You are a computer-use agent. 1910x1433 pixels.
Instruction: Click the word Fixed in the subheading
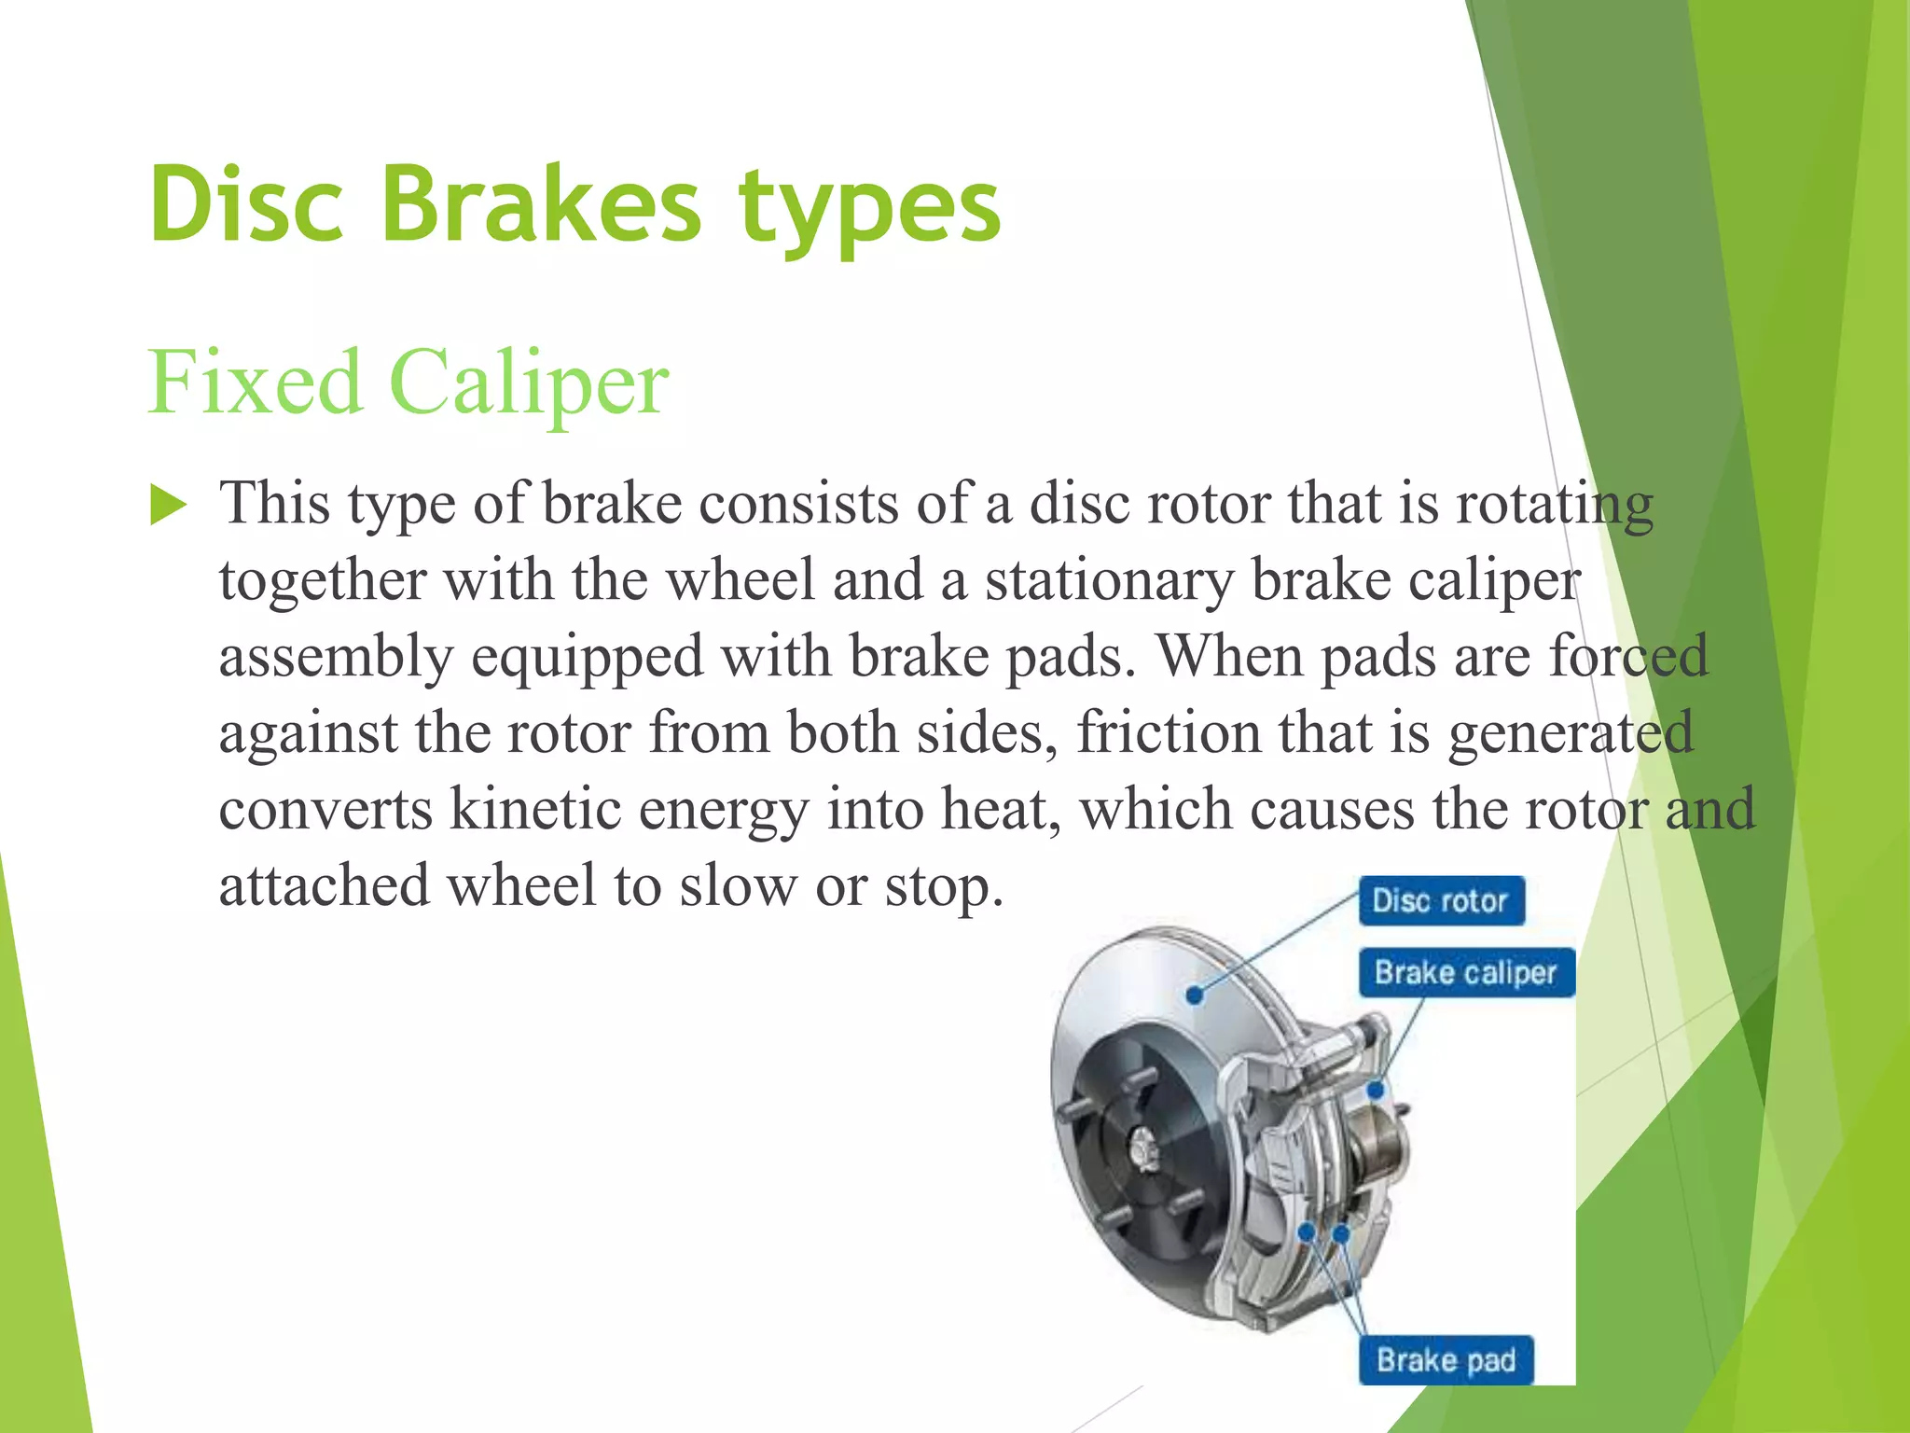click(x=255, y=382)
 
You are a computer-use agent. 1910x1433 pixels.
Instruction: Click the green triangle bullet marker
click(x=168, y=506)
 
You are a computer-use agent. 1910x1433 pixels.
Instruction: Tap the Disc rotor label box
click(x=1441, y=900)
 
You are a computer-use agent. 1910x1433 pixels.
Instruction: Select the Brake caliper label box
click(x=1465, y=973)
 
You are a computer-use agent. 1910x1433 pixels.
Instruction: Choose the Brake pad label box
click(x=1446, y=1360)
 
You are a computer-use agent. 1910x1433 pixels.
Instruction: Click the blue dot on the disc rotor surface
click(x=1195, y=995)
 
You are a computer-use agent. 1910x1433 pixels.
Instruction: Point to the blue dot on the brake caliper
click(x=1376, y=1090)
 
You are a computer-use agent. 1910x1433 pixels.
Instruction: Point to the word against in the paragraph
click(x=309, y=733)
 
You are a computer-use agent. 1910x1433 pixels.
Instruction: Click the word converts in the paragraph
click(x=325, y=810)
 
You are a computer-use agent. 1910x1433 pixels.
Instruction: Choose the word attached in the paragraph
click(x=325, y=885)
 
